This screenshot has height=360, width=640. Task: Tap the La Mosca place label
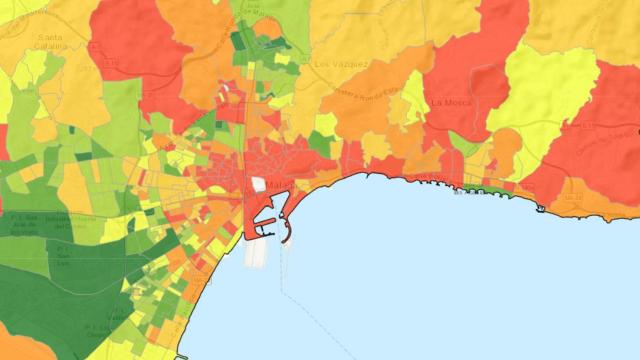click(x=450, y=102)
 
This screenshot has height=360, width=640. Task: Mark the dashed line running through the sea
click(x=300, y=300)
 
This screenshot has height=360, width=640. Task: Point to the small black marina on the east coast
click(x=541, y=208)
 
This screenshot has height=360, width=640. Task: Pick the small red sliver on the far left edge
click(x=3, y=140)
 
